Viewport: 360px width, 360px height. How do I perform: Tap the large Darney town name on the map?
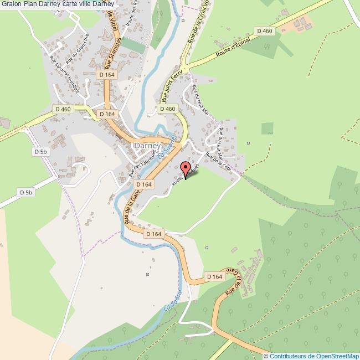[147, 146]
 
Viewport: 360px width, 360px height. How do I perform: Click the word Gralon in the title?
[11, 4]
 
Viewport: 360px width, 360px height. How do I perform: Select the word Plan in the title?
[30, 4]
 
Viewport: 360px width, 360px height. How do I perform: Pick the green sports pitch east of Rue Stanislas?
[132, 44]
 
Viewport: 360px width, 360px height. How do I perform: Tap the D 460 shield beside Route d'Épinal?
[265, 31]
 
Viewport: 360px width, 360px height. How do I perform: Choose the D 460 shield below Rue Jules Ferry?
[168, 109]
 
